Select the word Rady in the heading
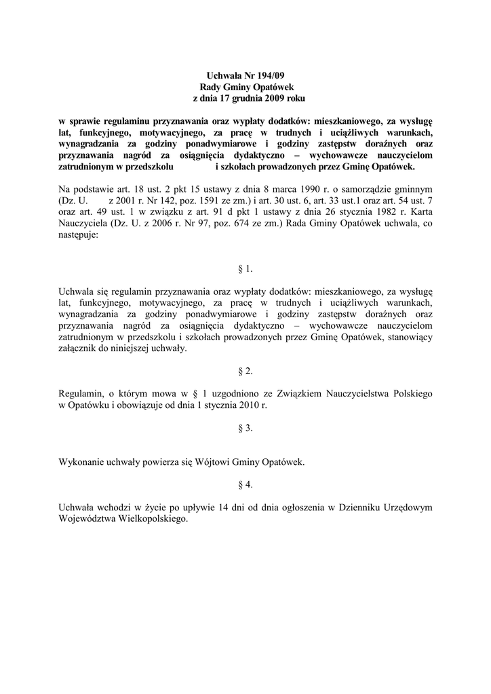point(211,87)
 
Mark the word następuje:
point(79,238)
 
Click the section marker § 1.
point(245,269)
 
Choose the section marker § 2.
point(245,371)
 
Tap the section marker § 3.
point(245,428)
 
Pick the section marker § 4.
point(245,485)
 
